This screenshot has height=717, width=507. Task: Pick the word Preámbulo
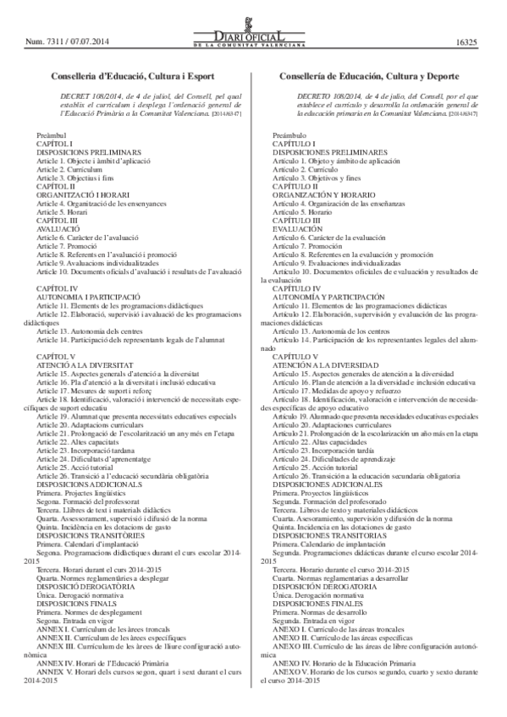point(291,135)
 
